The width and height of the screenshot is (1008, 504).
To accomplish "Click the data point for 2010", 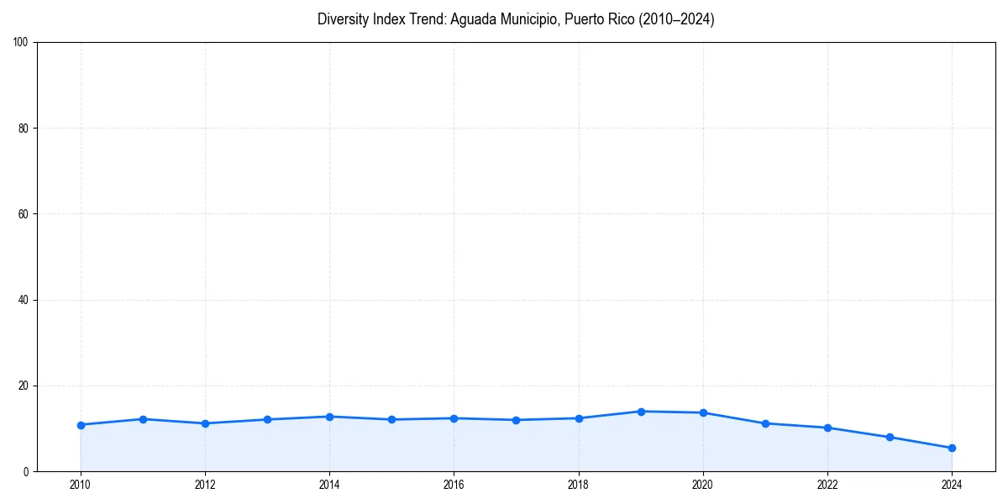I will pos(81,425).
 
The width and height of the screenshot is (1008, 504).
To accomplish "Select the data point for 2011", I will pos(143,419).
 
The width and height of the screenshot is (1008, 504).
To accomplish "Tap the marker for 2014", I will pos(329,417).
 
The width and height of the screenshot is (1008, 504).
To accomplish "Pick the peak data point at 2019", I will pos(641,412).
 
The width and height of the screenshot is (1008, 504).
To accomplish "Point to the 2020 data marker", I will pos(703,412).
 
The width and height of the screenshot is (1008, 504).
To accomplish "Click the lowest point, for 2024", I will pos(952,448).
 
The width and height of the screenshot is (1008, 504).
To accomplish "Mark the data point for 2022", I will pos(827,428).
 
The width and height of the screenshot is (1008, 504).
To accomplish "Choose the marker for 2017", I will pos(516,420).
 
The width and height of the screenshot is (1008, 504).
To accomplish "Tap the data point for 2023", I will pos(890,437).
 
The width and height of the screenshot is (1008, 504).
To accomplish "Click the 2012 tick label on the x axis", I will pos(205,485).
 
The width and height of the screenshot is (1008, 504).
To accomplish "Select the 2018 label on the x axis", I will pos(578,485).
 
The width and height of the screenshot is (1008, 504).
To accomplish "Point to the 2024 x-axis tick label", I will pos(952,485).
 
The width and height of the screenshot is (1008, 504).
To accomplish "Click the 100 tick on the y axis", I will pos(22,43).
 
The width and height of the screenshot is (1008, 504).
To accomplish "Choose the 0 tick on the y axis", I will pos(27,472).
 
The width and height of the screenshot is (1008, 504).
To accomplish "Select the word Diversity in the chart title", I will pos(341,19).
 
